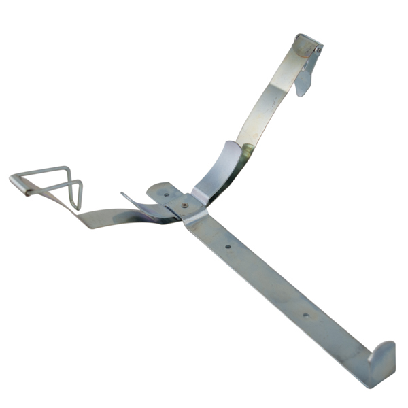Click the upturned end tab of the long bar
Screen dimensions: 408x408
[x=382, y=357]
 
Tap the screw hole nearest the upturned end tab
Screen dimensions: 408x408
[x=305, y=314]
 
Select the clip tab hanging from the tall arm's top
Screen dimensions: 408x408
[x=305, y=78]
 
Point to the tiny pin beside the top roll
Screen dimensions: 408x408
[x=318, y=48]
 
